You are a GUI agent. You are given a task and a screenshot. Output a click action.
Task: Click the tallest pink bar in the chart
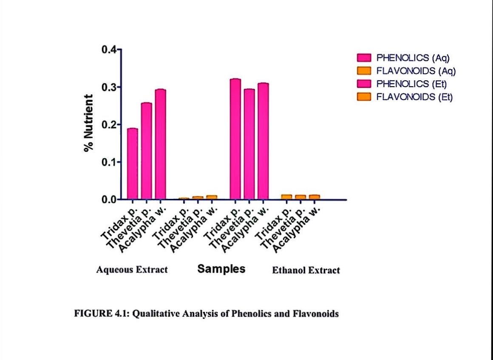[235, 139]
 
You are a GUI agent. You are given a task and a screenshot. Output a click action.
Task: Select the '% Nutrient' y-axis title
[88, 123]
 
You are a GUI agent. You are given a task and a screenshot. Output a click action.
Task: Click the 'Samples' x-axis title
[221, 269]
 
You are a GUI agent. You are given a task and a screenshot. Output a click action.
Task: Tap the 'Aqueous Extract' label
[132, 270]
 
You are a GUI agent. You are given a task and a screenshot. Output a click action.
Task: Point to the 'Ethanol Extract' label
[306, 270]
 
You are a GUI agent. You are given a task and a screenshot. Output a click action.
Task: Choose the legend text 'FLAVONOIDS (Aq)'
[416, 71]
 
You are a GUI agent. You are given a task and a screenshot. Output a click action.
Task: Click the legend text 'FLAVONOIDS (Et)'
[415, 97]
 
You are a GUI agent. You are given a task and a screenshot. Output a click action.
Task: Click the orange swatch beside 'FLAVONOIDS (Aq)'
[364, 71]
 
